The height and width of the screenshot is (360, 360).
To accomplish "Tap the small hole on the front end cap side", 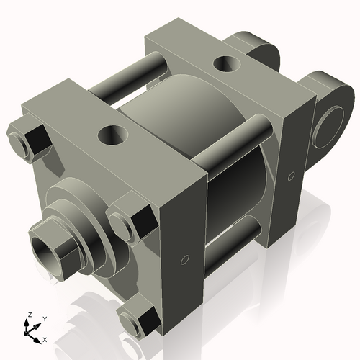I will pyautogui.click(x=185, y=258).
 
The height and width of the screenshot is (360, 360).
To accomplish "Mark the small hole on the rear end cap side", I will pyautogui.click(x=291, y=175).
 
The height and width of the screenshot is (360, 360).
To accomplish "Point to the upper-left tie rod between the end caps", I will pyautogui.click(x=126, y=80).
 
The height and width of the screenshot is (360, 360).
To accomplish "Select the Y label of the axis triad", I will pyautogui.click(x=44, y=318).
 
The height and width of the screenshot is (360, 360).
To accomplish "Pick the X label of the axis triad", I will pyautogui.click(x=45, y=338).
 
